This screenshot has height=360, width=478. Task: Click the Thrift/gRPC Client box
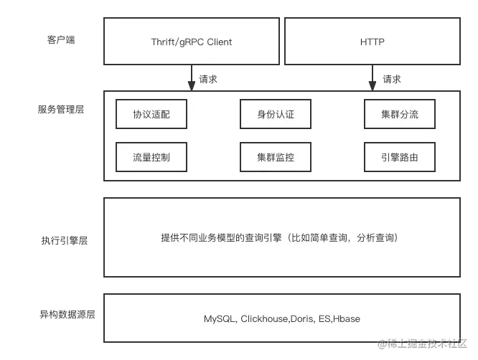(191, 42)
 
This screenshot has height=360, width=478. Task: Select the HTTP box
(372, 42)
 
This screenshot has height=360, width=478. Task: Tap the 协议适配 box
(151, 114)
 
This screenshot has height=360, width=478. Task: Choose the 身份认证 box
(276, 114)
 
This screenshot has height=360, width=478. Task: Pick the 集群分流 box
(400, 114)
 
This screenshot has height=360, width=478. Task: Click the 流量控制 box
(151, 156)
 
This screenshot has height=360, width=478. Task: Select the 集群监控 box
(276, 156)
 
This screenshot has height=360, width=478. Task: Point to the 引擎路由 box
(400, 156)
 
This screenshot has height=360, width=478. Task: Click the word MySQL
(220, 318)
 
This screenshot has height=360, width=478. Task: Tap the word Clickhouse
(265, 318)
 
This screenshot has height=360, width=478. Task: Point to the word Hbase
(345, 318)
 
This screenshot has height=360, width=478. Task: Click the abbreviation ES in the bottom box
(323, 318)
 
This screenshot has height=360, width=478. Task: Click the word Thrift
(163, 42)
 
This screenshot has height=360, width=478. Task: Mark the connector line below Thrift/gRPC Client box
(191, 77)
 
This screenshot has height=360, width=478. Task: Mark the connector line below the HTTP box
(370, 77)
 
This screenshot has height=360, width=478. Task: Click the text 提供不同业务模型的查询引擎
(222, 237)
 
